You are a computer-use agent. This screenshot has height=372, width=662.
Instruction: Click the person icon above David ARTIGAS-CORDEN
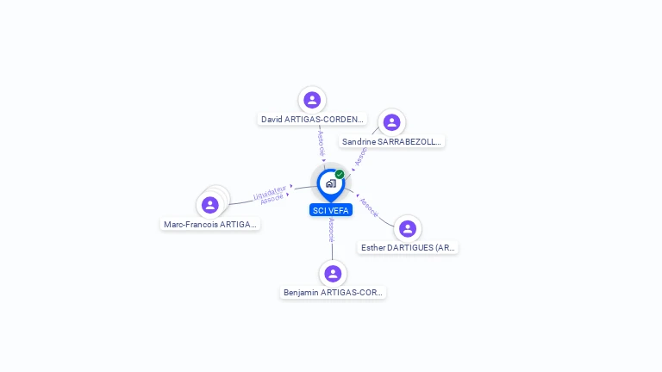point(312,100)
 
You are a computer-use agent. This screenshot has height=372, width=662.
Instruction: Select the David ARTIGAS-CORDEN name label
point(313,120)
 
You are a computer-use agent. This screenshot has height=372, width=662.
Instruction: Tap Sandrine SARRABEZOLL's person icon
point(391,122)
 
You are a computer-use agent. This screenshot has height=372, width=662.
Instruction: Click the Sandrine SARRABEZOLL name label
point(392,141)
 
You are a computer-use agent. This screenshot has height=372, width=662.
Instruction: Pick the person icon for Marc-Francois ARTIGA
point(209,205)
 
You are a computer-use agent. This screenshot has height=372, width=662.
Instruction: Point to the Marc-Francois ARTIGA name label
point(210,225)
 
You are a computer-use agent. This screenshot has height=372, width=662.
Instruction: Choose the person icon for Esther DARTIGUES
point(408,229)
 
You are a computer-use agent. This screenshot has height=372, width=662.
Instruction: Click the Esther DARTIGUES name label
point(408,248)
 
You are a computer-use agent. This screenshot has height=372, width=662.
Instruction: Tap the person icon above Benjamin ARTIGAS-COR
point(333,274)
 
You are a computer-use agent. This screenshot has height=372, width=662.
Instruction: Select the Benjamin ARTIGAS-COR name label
point(334,293)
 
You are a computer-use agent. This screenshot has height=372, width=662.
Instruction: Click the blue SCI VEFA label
point(331,210)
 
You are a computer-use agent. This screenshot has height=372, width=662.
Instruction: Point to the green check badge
point(340,174)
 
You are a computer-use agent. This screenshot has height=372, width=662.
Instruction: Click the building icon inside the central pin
point(330,183)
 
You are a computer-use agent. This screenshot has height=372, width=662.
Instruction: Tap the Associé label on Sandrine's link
point(361,156)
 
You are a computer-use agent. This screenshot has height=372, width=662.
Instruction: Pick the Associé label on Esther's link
point(369,208)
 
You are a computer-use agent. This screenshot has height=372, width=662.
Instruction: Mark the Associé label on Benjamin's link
point(332,229)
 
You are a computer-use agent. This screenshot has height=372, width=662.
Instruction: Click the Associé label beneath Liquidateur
point(272,199)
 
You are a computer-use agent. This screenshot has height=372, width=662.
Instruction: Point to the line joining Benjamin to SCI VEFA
point(332,250)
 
